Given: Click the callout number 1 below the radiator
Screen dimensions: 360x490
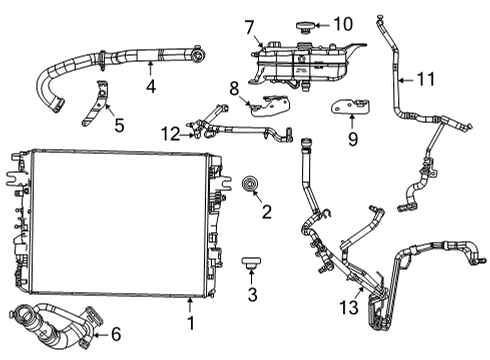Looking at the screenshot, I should pos(190,325).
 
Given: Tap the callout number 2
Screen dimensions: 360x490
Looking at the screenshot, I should pos(266,211).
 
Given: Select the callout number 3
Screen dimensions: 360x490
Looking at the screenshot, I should pos(252,294).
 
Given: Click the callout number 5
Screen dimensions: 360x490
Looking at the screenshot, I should pos(119,126).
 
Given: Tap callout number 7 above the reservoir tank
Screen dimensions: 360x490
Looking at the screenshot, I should pos(249,25).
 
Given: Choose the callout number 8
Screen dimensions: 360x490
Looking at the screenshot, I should pos(234,88).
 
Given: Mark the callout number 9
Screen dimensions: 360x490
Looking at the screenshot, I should pos(352,140).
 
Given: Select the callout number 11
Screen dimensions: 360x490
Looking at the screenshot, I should pos(427,78).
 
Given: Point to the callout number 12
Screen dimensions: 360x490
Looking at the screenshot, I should pos(172,133).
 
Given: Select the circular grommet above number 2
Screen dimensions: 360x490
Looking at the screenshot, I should pos(250,185).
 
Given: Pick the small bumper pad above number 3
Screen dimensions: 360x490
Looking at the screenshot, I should pos(250,262).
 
